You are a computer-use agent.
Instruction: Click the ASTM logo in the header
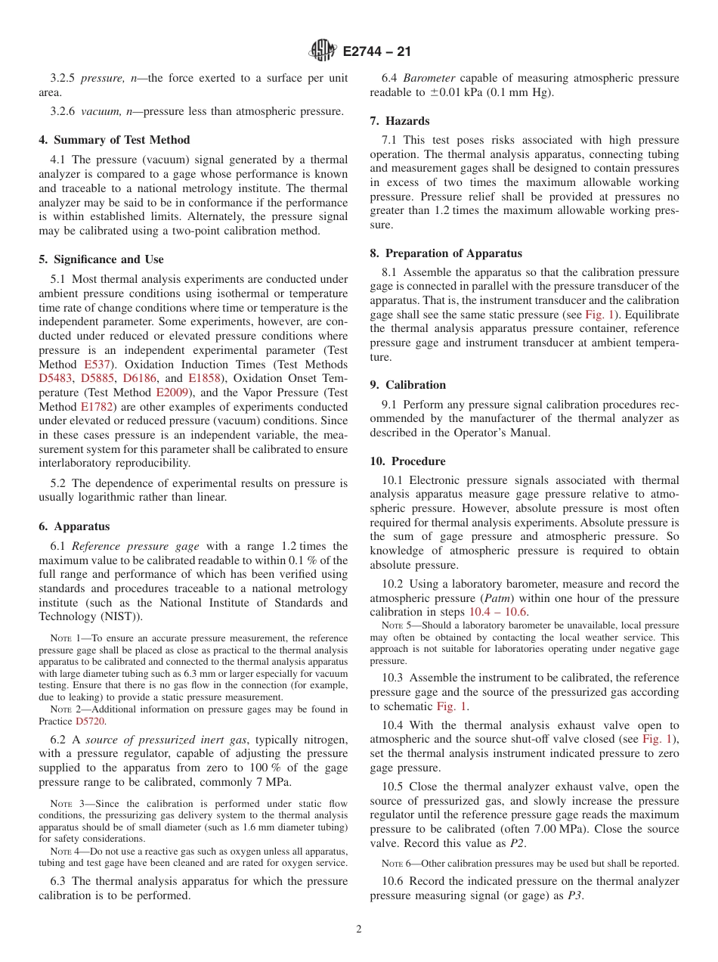click(323, 51)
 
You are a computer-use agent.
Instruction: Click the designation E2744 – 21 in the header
click(376, 52)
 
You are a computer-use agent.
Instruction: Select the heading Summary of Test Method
click(114, 140)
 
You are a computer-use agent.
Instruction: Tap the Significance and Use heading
click(101, 259)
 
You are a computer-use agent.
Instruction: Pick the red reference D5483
click(57, 378)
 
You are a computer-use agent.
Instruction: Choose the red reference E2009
click(173, 393)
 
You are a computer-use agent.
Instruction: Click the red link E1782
click(96, 407)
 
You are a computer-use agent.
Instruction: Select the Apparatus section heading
click(74, 526)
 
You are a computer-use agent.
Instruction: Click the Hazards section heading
click(400, 121)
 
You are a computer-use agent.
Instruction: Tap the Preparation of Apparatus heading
click(446, 253)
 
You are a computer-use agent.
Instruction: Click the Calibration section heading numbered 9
click(408, 385)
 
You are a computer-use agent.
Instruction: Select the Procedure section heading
click(407, 461)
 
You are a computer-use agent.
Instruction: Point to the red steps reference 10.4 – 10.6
click(499, 613)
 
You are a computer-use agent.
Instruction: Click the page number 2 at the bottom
click(359, 929)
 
